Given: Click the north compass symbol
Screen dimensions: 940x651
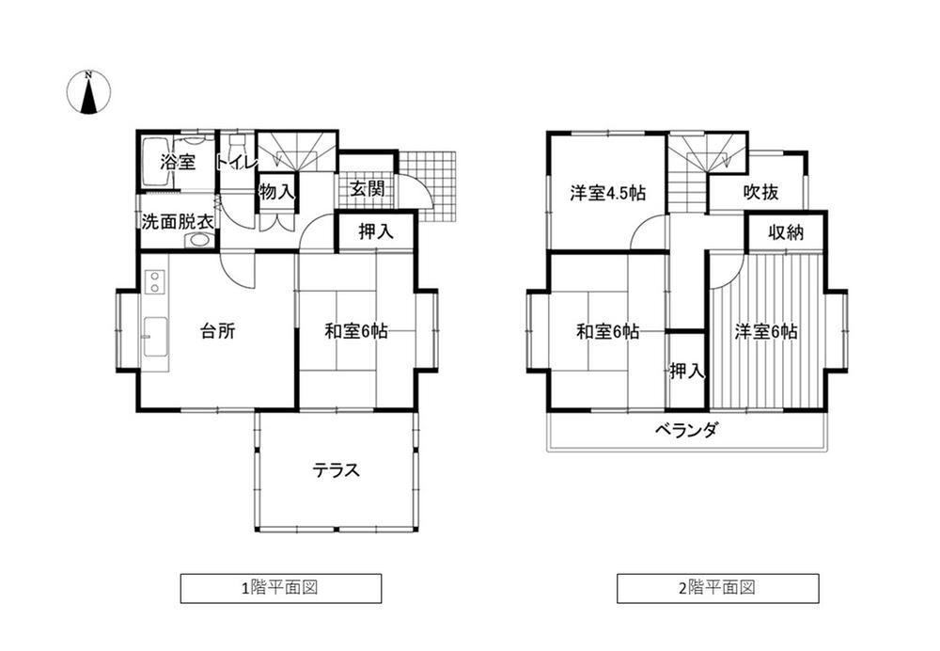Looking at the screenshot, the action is (x=88, y=92).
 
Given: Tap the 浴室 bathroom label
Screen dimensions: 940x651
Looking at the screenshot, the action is (x=178, y=162).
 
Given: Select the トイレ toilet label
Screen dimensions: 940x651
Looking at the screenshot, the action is (x=237, y=163).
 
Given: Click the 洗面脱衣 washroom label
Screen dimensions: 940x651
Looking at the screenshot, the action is (x=178, y=221).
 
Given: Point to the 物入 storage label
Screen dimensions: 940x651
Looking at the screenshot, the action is (x=277, y=192).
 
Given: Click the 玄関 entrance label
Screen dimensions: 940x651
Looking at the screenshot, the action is (x=367, y=189).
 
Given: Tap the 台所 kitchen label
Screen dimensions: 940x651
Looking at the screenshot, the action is (x=218, y=330).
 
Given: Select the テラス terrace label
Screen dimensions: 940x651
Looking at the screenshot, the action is (x=337, y=469).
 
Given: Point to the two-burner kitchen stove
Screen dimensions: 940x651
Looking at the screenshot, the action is (x=155, y=282).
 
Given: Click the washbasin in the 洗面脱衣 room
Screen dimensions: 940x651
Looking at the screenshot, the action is (x=197, y=240).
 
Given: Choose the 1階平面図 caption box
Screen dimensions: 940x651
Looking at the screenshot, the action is (x=281, y=588).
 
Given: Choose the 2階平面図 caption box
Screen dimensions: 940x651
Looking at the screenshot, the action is (x=718, y=588).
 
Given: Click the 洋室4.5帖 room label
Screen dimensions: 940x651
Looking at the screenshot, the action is (x=608, y=193).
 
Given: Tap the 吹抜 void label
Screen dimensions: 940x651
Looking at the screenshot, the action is (x=760, y=192).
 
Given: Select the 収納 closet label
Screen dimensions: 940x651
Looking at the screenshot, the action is (x=786, y=232).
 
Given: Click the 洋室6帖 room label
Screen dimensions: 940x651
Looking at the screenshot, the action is (x=766, y=331).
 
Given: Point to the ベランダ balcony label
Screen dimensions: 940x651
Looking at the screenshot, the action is (x=686, y=430).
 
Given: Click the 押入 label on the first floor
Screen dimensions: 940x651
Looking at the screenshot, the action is (x=376, y=231).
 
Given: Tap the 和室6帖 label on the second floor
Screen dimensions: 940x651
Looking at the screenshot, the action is (x=608, y=331).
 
